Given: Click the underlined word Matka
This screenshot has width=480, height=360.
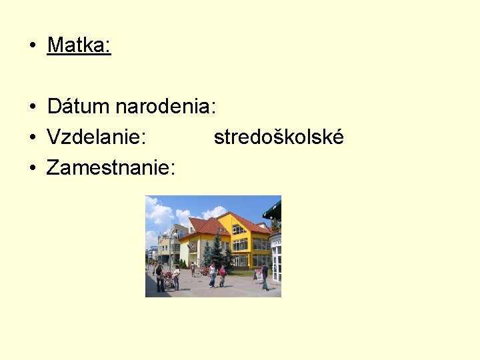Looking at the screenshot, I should tap(79, 45).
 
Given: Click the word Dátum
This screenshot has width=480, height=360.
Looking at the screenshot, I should tap(79, 107).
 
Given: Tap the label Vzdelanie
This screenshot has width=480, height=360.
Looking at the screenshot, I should tap(97, 137).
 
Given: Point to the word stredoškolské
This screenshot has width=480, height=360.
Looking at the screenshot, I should tap(279, 137).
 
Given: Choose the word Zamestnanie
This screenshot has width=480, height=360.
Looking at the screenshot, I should tap(111, 168).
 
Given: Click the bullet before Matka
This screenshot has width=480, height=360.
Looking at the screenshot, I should tap(31, 46).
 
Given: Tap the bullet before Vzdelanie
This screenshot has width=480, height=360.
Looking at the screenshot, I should tap(31, 138).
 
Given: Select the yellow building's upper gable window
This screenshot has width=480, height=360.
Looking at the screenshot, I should tap(238, 229).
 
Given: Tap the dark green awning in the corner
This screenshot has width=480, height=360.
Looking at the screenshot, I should tap(273, 209).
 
